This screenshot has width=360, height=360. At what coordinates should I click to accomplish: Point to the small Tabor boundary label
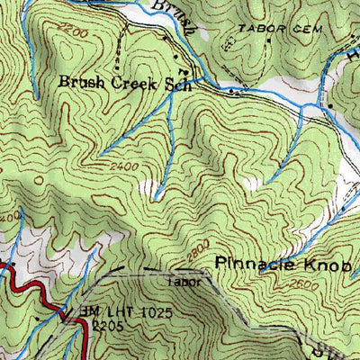point(181,280)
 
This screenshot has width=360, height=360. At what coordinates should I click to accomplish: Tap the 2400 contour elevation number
point(125,167)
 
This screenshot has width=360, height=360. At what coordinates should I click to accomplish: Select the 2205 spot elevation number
point(107,325)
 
